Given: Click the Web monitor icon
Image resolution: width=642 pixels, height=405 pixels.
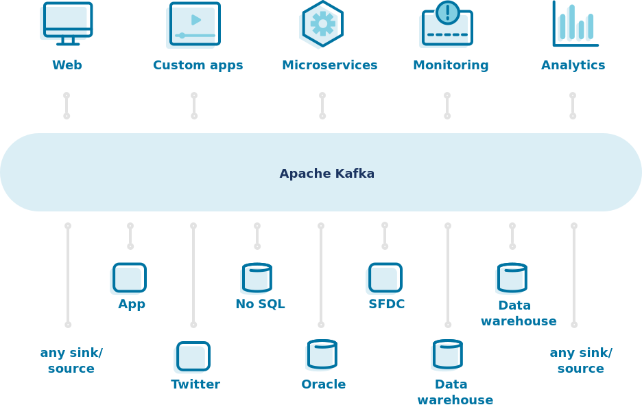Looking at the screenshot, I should (67, 23).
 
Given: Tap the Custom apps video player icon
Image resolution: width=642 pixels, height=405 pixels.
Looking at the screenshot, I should (194, 25).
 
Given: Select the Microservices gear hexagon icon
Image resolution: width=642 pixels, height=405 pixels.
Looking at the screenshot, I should (322, 24).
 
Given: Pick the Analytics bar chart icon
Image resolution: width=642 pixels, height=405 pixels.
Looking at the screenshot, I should (575, 24).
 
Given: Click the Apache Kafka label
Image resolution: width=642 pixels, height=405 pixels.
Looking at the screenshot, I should (326, 174).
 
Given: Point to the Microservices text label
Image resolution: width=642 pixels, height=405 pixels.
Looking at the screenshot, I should (329, 65).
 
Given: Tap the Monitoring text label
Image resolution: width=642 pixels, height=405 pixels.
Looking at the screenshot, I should (451, 65).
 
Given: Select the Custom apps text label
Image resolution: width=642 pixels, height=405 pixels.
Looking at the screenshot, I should (198, 65).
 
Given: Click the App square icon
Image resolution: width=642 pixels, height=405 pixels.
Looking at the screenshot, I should (129, 278).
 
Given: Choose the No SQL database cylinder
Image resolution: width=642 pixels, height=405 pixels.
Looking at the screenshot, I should (257, 278).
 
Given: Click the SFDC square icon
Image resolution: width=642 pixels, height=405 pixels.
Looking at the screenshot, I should (385, 278).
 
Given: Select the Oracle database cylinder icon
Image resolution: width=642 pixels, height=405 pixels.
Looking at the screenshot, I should (322, 355).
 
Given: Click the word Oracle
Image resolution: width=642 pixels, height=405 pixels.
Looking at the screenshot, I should (323, 384).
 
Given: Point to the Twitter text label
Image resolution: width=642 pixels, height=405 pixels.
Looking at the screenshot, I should (195, 384).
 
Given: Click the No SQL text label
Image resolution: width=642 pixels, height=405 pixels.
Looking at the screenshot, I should (260, 304).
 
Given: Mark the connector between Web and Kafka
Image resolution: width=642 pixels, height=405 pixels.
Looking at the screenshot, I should (67, 106).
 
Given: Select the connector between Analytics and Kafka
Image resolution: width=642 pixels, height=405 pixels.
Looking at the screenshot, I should (573, 106).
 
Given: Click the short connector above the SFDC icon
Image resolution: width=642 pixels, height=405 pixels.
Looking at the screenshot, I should (385, 235).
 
